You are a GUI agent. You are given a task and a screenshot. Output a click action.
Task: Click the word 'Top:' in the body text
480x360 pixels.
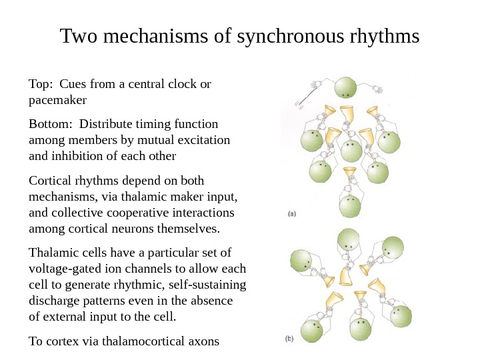41,85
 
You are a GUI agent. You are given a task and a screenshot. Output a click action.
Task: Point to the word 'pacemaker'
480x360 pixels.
58,101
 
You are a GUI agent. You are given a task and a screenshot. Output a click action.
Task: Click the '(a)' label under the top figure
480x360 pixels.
291,215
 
